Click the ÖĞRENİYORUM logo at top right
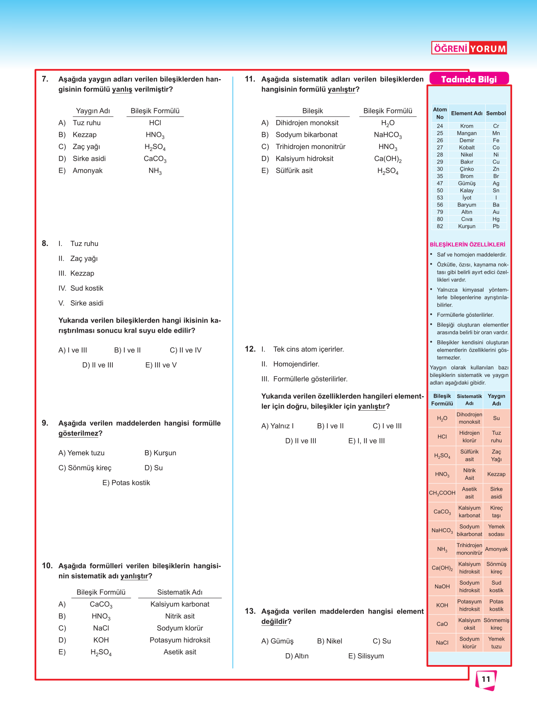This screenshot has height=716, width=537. [x=469, y=48]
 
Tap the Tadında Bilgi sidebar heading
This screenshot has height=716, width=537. [x=469, y=79]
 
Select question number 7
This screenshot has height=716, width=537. [x=45, y=79]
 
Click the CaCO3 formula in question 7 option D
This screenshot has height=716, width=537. [x=155, y=159]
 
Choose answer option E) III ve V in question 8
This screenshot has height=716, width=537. [x=161, y=365]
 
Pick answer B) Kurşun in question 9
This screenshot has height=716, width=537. [x=160, y=453]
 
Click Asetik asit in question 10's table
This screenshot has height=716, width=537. [x=180, y=652]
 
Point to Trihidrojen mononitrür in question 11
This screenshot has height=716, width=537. [x=310, y=147]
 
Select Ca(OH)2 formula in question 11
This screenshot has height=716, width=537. [x=388, y=159]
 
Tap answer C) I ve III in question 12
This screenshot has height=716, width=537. [x=387, y=426]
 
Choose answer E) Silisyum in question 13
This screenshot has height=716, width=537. [x=366, y=656]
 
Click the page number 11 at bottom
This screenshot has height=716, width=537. [x=486, y=679]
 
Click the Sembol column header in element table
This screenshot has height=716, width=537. [x=496, y=113]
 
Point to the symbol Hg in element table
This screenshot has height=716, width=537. [x=496, y=219]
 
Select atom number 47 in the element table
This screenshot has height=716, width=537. [x=440, y=183]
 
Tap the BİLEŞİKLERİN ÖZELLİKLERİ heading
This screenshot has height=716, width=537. [x=468, y=244]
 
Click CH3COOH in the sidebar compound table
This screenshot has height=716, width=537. [x=442, y=493]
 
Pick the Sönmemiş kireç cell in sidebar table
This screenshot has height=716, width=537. [x=496, y=624]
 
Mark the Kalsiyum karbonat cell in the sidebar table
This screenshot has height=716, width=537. [x=469, y=512]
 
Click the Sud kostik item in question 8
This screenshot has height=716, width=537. [x=87, y=288]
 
